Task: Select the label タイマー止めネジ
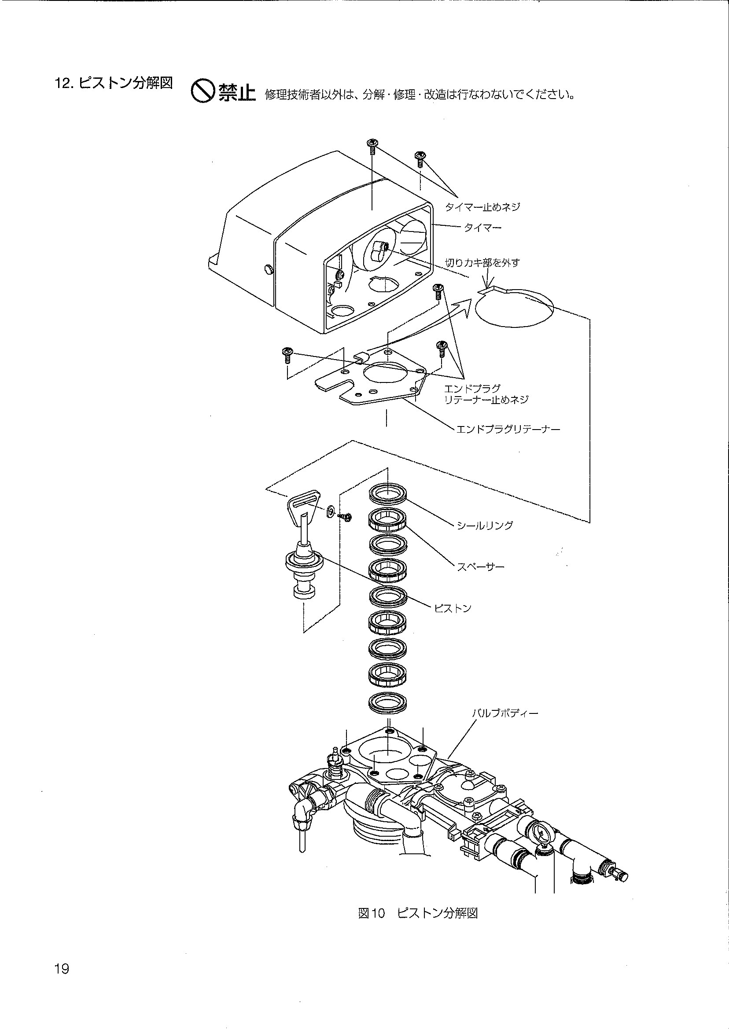(482, 207)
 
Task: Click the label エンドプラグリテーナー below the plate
(508, 430)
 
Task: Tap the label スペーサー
(480, 567)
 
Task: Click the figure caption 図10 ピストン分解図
(417, 913)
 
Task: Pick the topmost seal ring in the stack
(388, 493)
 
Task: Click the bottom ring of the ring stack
(388, 702)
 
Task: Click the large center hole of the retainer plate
(385, 372)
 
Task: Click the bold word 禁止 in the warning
(237, 93)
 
